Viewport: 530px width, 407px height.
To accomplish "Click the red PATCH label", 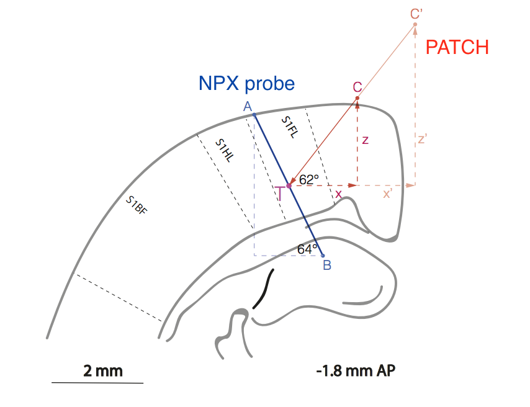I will (x=457, y=47).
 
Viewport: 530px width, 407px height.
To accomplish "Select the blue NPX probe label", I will (x=246, y=83).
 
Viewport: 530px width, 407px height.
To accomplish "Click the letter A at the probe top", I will (x=247, y=107).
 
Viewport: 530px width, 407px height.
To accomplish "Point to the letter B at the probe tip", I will (x=326, y=266).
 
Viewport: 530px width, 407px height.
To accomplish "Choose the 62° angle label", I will (x=308, y=179).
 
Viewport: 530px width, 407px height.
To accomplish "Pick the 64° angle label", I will (x=307, y=249).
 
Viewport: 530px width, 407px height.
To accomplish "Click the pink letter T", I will (x=281, y=193).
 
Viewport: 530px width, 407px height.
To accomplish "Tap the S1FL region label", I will (x=290, y=126).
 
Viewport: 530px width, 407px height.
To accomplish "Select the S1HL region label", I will (x=225, y=150).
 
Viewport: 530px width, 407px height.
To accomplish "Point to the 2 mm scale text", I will (x=103, y=372).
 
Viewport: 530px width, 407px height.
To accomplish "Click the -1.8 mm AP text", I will (x=356, y=371).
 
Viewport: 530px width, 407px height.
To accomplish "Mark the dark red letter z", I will (x=365, y=140).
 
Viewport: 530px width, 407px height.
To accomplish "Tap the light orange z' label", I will (x=423, y=139).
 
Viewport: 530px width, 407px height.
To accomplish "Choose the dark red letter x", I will (x=338, y=194).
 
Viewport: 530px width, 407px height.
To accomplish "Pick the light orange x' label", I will (x=388, y=194).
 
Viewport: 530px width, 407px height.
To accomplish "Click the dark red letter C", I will (x=357, y=87).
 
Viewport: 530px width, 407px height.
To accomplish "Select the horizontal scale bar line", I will (x=97, y=383).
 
